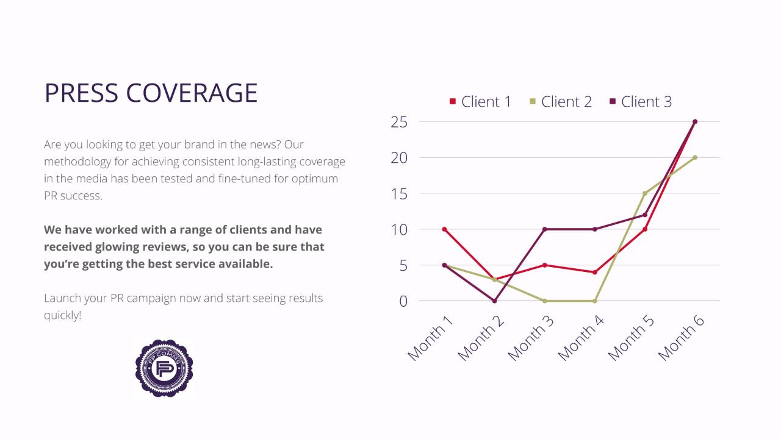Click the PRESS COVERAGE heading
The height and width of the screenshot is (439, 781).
click(151, 93)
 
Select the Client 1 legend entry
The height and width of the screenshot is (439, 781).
click(480, 102)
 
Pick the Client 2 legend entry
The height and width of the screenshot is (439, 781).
click(560, 102)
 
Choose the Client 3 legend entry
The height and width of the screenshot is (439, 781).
click(640, 102)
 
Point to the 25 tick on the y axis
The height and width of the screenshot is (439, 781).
click(399, 122)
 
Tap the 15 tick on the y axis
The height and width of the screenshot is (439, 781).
click(399, 194)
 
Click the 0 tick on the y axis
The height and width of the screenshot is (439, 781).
click(403, 301)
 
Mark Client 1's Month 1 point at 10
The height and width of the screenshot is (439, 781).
click(444, 229)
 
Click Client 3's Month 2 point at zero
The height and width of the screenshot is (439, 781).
click(494, 301)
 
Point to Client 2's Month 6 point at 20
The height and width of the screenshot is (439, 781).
click(695, 157)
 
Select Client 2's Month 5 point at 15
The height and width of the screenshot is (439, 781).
click(645, 193)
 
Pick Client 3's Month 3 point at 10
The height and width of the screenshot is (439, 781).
click(544, 229)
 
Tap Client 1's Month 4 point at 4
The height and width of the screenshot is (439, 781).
click(594, 272)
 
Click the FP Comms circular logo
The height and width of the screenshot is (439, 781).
click(164, 368)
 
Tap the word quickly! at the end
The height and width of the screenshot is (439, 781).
click(62, 315)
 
